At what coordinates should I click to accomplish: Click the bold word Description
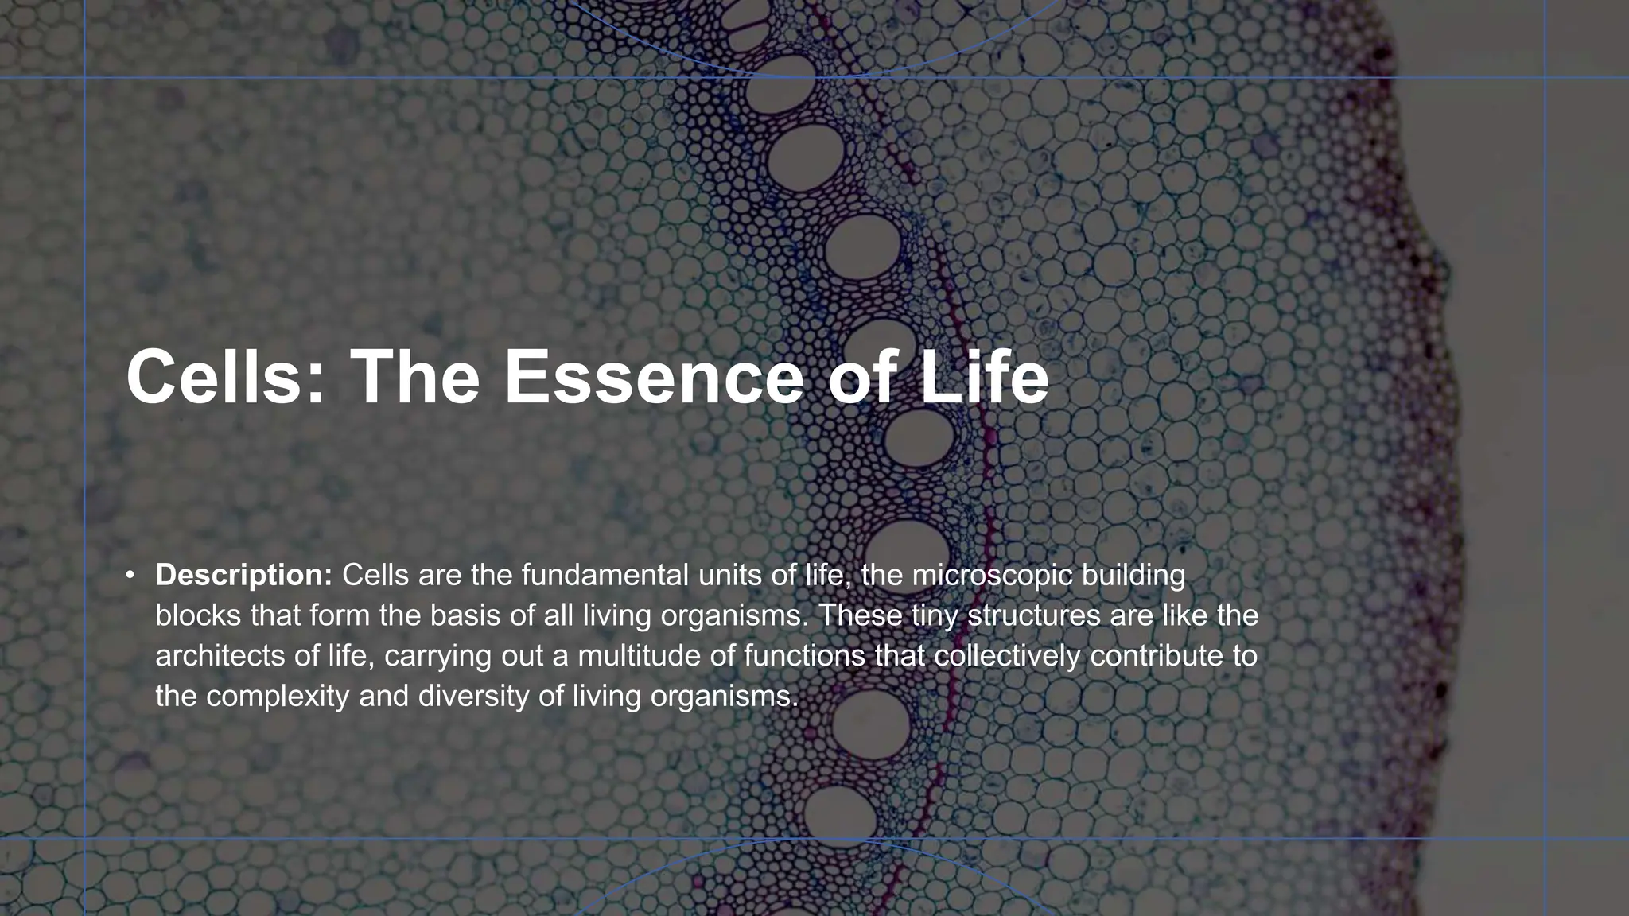tap(243, 575)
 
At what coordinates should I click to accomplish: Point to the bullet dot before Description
tap(130, 575)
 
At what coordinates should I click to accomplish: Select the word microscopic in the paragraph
tap(991, 575)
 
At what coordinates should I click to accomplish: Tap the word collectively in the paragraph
tap(1006, 656)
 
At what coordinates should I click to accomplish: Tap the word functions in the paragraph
tap(803, 656)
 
